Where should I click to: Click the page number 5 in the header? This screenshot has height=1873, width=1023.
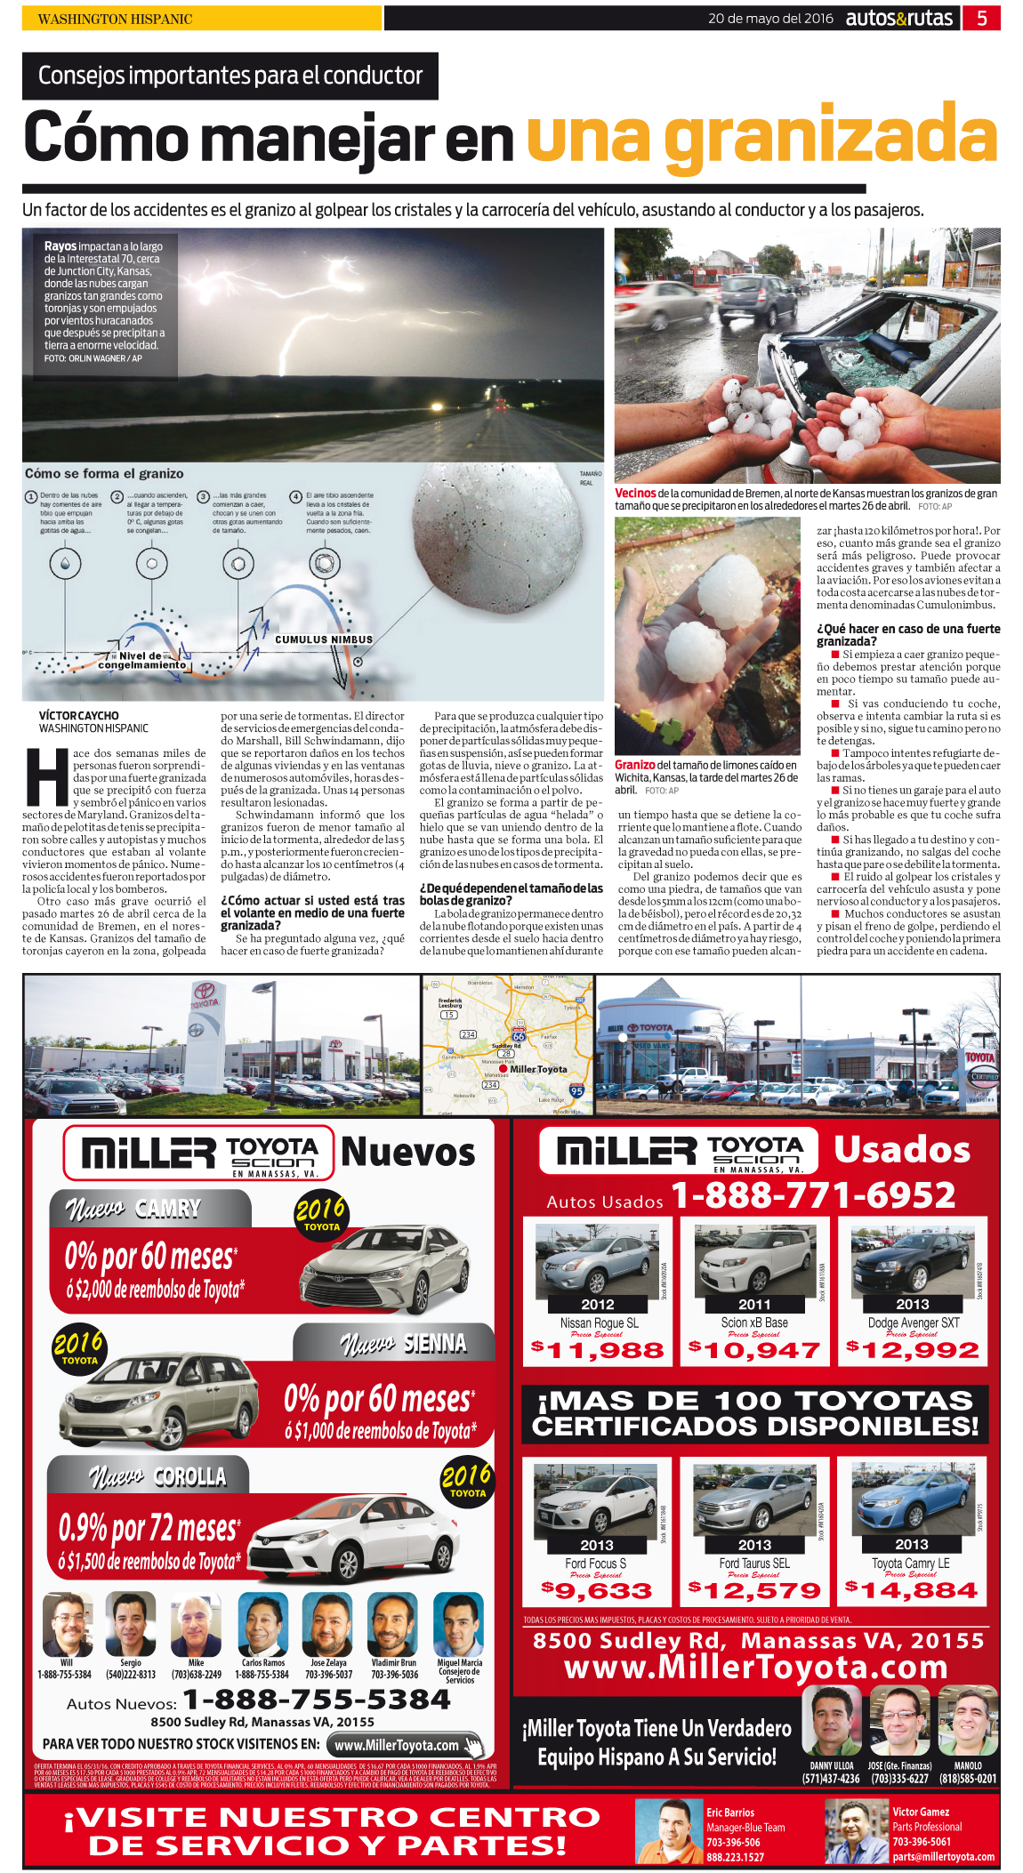[981, 18]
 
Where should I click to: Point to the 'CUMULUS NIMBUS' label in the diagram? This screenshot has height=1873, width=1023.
[324, 639]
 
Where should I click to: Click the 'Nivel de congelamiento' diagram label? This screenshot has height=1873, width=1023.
[141, 660]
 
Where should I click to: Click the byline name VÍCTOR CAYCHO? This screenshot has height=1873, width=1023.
[78, 715]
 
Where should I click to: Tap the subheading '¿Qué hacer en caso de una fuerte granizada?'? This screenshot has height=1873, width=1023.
[907, 634]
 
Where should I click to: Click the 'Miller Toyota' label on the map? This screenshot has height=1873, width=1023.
[538, 1069]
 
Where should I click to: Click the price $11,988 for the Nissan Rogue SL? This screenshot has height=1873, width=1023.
[598, 1350]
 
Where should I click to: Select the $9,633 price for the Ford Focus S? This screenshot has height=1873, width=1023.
[597, 1590]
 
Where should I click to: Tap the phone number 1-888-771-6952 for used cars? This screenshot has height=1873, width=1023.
[813, 1195]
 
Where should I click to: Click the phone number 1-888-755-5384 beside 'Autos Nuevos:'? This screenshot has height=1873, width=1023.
[317, 1700]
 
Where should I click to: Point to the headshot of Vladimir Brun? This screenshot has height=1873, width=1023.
[393, 1625]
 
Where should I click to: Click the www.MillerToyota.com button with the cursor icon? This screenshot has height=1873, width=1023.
[405, 1745]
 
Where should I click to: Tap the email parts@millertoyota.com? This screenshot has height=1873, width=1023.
[943, 1856]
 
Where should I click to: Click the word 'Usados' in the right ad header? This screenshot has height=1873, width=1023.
[901, 1149]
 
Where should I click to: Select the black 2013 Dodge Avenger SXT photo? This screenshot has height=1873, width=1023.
[911, 1260]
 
